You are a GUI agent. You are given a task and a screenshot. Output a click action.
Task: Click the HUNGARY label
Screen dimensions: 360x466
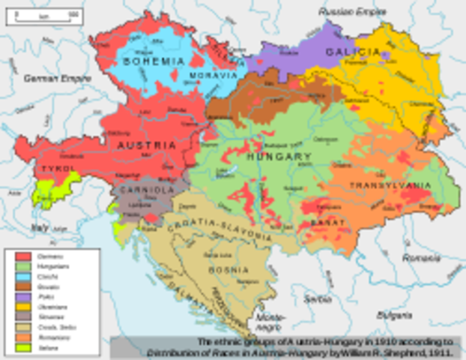click(x=285, y=157)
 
